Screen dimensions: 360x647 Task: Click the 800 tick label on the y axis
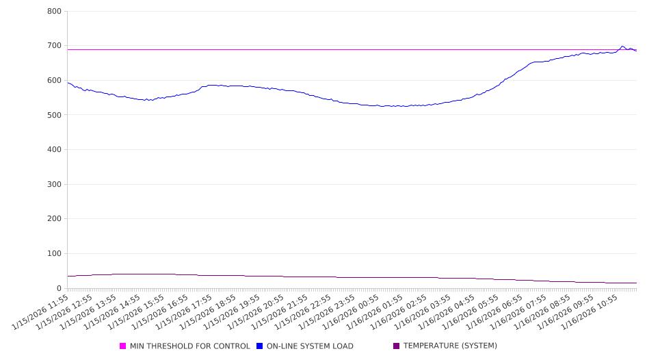pos(55,12)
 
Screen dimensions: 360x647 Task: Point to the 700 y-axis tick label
pos(55,46)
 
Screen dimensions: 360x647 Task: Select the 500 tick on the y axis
pos(55,115)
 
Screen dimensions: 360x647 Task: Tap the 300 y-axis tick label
pos(55,185)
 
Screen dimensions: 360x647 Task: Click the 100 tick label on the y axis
pos(55,254)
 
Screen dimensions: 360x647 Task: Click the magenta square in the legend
pos(123,346)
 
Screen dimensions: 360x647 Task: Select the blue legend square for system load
pos(260,346)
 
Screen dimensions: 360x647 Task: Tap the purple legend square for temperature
pos(397,346)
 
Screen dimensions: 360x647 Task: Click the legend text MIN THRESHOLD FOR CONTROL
pos(189,346)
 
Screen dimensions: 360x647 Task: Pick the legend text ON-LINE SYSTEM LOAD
pos(310,346)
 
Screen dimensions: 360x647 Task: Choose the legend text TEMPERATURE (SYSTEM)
pos(450,346)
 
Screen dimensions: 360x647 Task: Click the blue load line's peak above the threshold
pos(622,47)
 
